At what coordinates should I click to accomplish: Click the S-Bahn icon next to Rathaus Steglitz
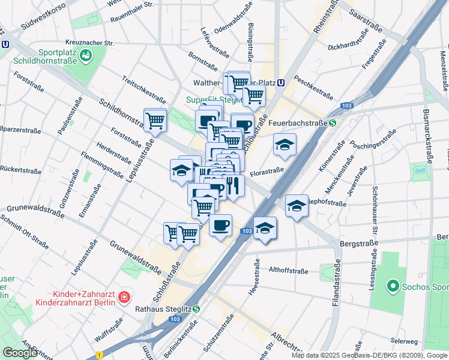coord(196,309)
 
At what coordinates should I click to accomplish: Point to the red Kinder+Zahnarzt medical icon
coord(124,296)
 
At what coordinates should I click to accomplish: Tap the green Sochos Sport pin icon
coord(393,286)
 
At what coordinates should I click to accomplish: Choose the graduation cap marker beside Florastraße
coord(285,144)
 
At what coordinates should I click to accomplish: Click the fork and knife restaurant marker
coord(233,185)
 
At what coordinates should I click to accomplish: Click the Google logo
coord(20,353)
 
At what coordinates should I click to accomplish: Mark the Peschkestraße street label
coord(313,89)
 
